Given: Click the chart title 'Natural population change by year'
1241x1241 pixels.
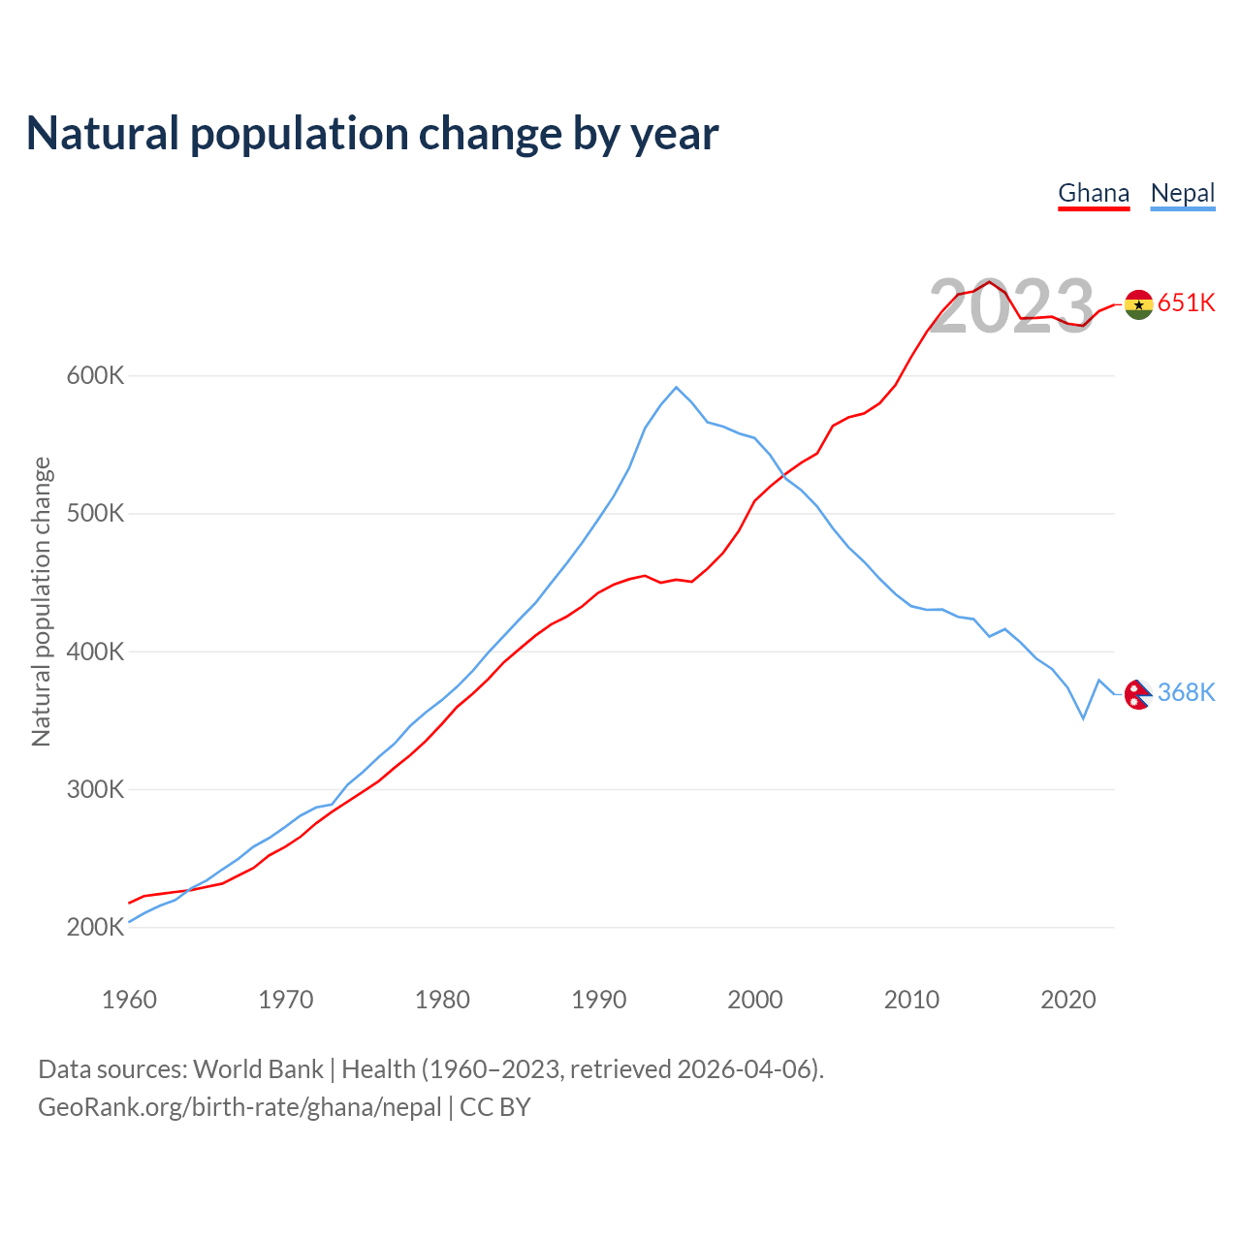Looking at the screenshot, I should click(372, 134).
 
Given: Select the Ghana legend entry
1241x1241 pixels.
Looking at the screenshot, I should click(1094, 193).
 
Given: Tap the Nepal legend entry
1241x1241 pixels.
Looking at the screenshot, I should click(1183, 193).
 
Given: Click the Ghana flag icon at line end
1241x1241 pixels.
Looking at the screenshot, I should click(1138, 304).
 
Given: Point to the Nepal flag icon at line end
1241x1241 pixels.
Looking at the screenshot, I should click(1137, 694).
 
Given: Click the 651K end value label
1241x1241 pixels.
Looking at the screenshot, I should click(1187, 303).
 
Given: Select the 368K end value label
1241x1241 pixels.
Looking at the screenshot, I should click(1187, 692).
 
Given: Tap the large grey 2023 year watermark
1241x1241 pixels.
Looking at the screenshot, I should click(1011, 307).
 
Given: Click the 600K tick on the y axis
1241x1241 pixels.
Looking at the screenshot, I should click(95, 375).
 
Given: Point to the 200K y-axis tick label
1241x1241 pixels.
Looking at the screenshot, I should click(95, 928).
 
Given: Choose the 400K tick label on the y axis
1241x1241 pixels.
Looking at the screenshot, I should click(95, 652).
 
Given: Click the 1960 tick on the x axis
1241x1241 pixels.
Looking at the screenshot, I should click(129, 1000).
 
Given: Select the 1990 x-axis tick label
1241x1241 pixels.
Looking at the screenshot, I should click(598, 1000).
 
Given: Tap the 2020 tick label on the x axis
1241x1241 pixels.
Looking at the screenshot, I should click(1067, 1000).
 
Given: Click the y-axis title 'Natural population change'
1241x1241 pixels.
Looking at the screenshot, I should click(41, 602).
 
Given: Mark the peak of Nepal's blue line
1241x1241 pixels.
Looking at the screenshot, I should click(676, 387).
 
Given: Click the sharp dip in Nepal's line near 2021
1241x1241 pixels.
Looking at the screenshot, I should click(1083, 718).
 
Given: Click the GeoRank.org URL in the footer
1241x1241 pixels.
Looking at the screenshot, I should click(239, 1107).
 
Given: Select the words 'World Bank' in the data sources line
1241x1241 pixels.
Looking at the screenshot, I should click(258, 1069).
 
